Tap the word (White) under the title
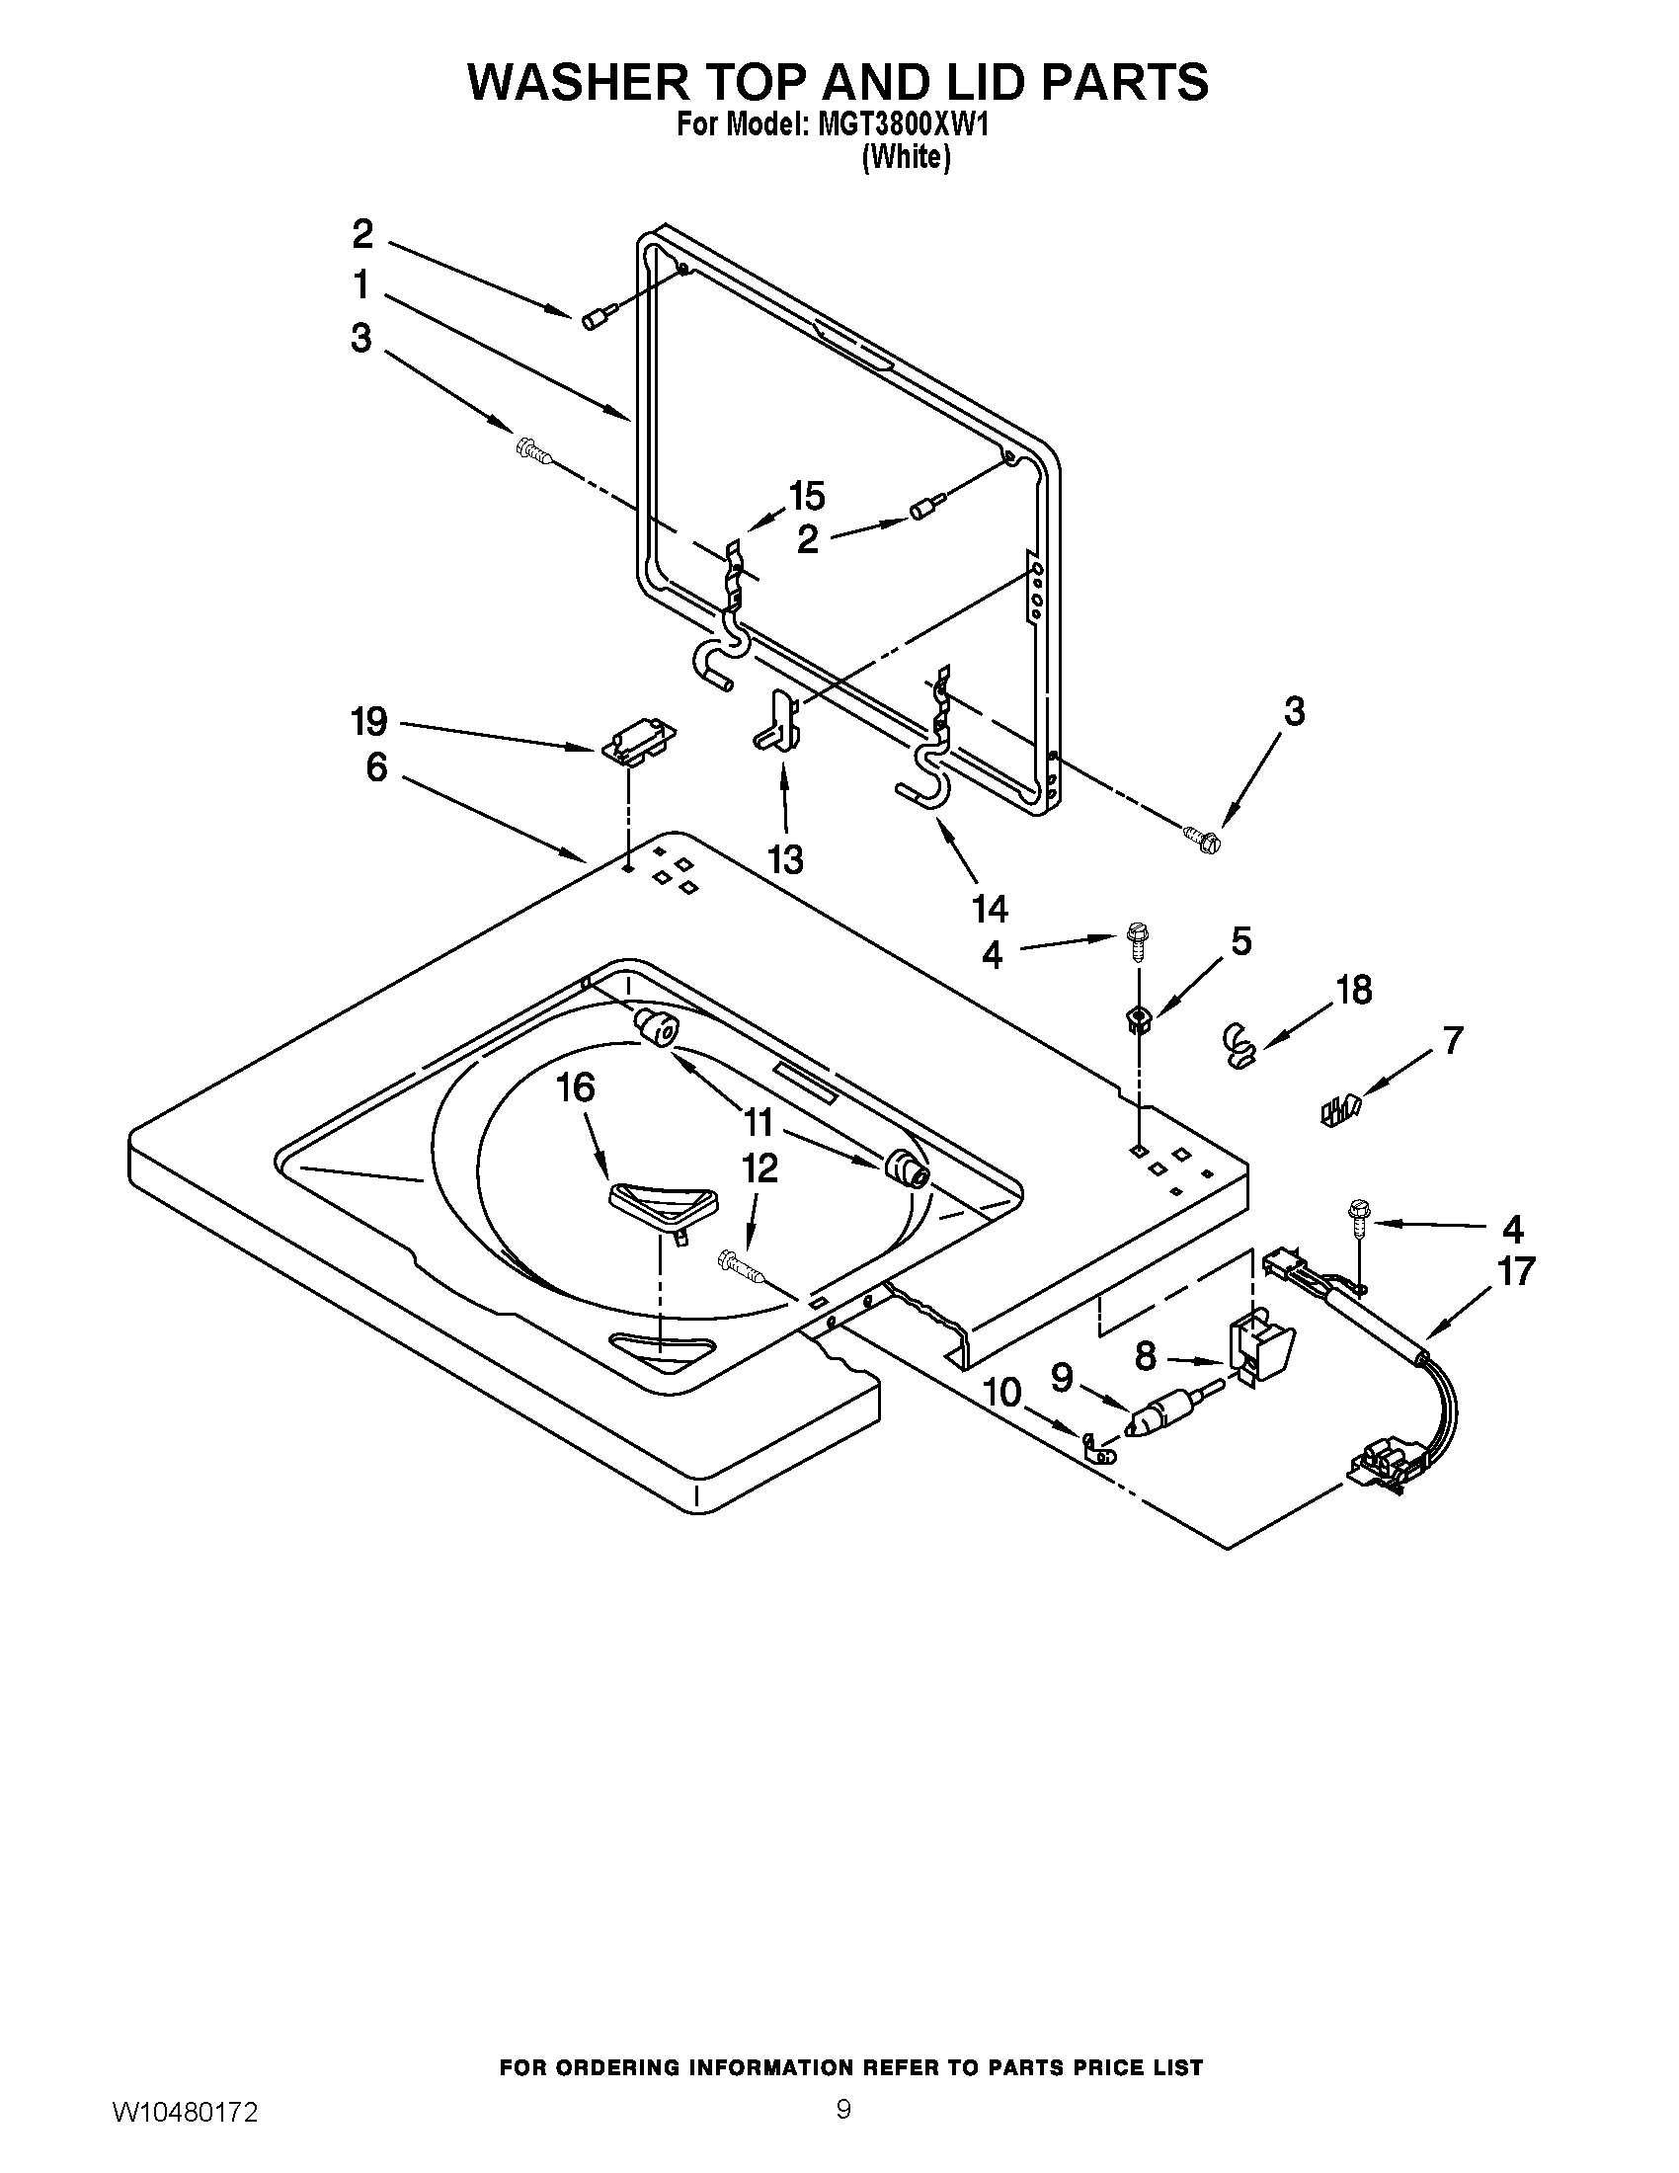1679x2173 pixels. [x=905, y=157]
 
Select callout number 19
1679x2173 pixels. [x=369, y=721]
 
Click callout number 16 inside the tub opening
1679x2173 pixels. [x=575, y=1087]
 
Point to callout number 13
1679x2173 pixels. [x=786, y=859]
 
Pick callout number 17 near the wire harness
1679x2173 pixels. [x=1516, y=1270]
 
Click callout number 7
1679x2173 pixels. [x=1452, y=1041]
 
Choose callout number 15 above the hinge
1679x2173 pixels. [x=807, y=496]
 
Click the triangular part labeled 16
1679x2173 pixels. [x=665, y=1207]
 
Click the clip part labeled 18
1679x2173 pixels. [x=1237, y=1046]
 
